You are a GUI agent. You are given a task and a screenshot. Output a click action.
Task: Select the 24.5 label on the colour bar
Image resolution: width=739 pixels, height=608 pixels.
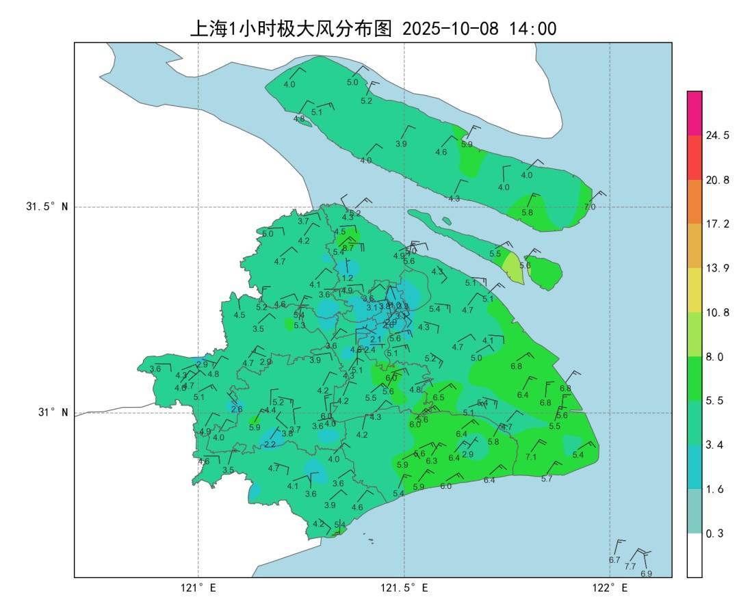click(717, 135)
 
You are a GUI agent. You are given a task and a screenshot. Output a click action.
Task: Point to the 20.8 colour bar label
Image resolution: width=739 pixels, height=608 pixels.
click(717, 180)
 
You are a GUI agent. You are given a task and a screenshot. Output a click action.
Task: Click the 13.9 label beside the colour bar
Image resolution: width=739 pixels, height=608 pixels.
click(717, 268)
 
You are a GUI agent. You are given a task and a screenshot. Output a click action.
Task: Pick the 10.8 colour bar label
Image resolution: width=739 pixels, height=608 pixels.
click(717, 313)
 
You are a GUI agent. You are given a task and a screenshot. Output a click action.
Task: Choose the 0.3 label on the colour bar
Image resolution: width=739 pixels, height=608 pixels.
click(714, 533)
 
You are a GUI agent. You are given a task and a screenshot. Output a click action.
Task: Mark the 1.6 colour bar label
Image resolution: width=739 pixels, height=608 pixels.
click(714, 489)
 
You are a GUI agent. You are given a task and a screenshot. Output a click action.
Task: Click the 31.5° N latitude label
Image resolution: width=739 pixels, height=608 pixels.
click(47, 207)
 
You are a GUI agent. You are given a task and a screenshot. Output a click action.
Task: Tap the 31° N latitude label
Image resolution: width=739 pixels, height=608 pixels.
click(51, 412)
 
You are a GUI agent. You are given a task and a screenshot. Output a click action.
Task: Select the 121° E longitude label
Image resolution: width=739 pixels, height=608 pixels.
click(198, 587)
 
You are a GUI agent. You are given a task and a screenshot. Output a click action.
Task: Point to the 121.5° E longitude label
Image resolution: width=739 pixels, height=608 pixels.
click(404, 587)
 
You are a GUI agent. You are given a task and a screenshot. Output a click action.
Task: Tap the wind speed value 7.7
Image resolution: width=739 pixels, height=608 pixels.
click(630, 566)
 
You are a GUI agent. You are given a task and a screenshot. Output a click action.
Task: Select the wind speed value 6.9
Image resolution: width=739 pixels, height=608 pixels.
click(646, 573)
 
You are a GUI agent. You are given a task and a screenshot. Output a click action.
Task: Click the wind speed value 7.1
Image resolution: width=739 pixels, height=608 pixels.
click(531, 457)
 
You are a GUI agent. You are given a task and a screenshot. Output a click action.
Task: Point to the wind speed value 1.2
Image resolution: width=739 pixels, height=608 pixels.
click(348, 278)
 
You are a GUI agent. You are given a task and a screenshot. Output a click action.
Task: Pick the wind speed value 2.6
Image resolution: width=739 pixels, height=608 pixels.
click(237, 409)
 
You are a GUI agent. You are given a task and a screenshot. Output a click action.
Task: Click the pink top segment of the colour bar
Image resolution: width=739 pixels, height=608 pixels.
click(695, 113)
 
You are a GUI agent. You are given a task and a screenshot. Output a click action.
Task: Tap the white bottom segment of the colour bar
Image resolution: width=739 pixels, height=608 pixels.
click(695, 555)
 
